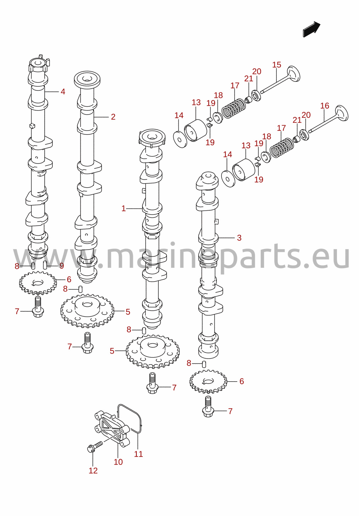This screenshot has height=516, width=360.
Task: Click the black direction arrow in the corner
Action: [x=311, y=29]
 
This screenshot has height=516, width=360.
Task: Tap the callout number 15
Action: [x=277, y=65]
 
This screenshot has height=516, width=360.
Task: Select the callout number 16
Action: [x=325, y=106]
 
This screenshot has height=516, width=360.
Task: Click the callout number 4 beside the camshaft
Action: [x=63, y=92]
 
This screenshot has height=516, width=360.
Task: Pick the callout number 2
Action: [x=113, y=117]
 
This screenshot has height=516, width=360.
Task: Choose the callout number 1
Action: [x=124, y=209]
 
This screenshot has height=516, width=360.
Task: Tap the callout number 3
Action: [x=239, y=238]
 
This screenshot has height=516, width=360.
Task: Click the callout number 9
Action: [x=61, y=266]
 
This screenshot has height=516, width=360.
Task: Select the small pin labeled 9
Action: [x=45, y=265]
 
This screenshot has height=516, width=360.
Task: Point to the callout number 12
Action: [x=93, y=471]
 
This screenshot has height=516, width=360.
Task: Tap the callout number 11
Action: [x=138, y=454]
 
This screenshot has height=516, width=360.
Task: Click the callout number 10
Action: [x=118, y=462]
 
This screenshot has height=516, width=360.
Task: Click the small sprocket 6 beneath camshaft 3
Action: [x=208, y=382]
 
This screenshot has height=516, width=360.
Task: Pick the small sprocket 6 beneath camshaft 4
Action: [x=38, y=283]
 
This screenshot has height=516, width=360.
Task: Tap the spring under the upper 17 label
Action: [x=234, y=108]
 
